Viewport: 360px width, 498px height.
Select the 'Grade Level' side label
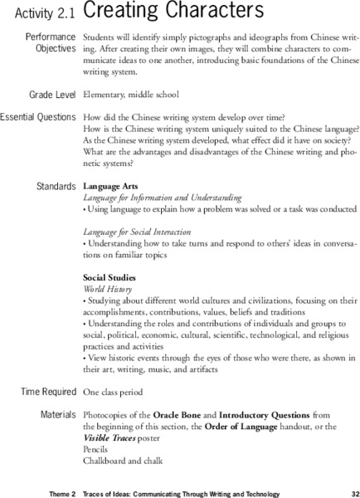click(48, 95)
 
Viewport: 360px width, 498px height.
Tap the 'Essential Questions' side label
click(39, 117)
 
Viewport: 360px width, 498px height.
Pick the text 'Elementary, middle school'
click(134, 95)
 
